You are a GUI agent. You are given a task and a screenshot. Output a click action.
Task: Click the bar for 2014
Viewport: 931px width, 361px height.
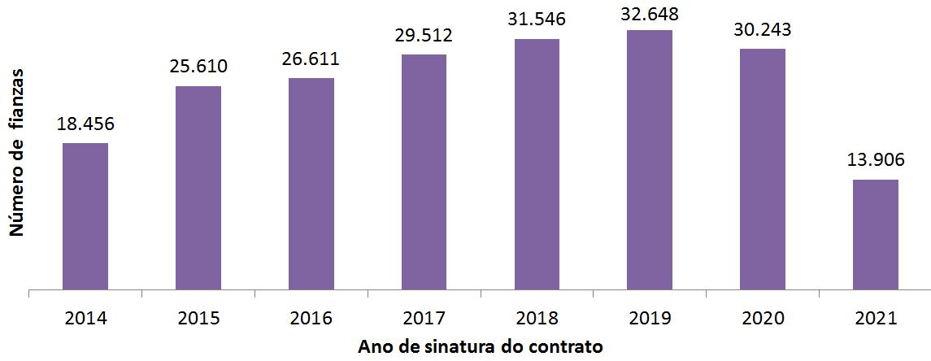point(85,216)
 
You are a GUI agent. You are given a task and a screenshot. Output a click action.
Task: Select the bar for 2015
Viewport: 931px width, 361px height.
point(198,188)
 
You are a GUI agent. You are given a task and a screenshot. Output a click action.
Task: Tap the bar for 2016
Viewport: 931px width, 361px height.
point(311,184)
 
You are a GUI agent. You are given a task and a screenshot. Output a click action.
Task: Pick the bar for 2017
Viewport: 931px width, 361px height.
point(424,172)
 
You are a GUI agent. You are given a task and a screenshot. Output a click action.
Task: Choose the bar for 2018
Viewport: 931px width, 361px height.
point(537,164)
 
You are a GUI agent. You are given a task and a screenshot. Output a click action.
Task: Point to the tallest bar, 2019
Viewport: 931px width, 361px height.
point(650,160)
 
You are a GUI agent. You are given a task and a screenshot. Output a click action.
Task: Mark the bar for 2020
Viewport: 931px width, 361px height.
point(763,169)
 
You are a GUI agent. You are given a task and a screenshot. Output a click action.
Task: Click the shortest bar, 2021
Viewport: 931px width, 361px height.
point(876,234)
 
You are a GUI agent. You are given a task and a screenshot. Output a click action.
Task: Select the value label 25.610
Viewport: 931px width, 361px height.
point(198,67)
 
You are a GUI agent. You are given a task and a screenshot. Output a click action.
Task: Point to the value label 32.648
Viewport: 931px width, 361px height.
point(650,12)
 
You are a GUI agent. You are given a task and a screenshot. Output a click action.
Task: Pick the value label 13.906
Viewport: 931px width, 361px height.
point(876,161)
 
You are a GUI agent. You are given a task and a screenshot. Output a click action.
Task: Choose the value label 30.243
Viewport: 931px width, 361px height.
point(763,30)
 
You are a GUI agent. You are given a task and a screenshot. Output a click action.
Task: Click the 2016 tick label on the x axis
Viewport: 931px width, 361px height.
point(311,318)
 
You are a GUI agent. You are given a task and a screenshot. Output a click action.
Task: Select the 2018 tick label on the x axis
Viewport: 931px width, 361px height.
point(537,318)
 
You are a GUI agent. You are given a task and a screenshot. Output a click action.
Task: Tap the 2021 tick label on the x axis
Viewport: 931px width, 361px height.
point(876,318)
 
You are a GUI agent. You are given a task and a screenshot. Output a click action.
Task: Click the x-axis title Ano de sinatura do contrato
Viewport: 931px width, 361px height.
point(481,347)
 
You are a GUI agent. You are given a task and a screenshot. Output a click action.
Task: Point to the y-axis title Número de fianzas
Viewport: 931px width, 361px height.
point(15,154)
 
